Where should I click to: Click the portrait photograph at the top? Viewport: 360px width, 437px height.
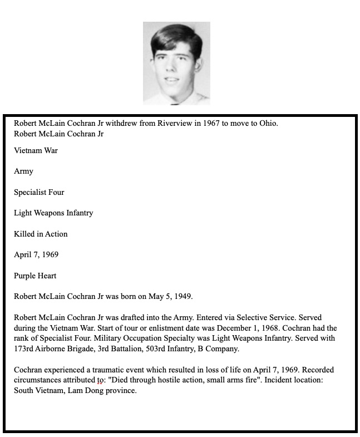point(176,63)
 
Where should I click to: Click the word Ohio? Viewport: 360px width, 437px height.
point(268,123)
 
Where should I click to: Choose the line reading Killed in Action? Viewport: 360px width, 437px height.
point(41,234)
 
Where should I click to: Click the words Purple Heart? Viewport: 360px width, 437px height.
point(35,276)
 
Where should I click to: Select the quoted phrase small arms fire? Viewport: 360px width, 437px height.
point(237,380)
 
